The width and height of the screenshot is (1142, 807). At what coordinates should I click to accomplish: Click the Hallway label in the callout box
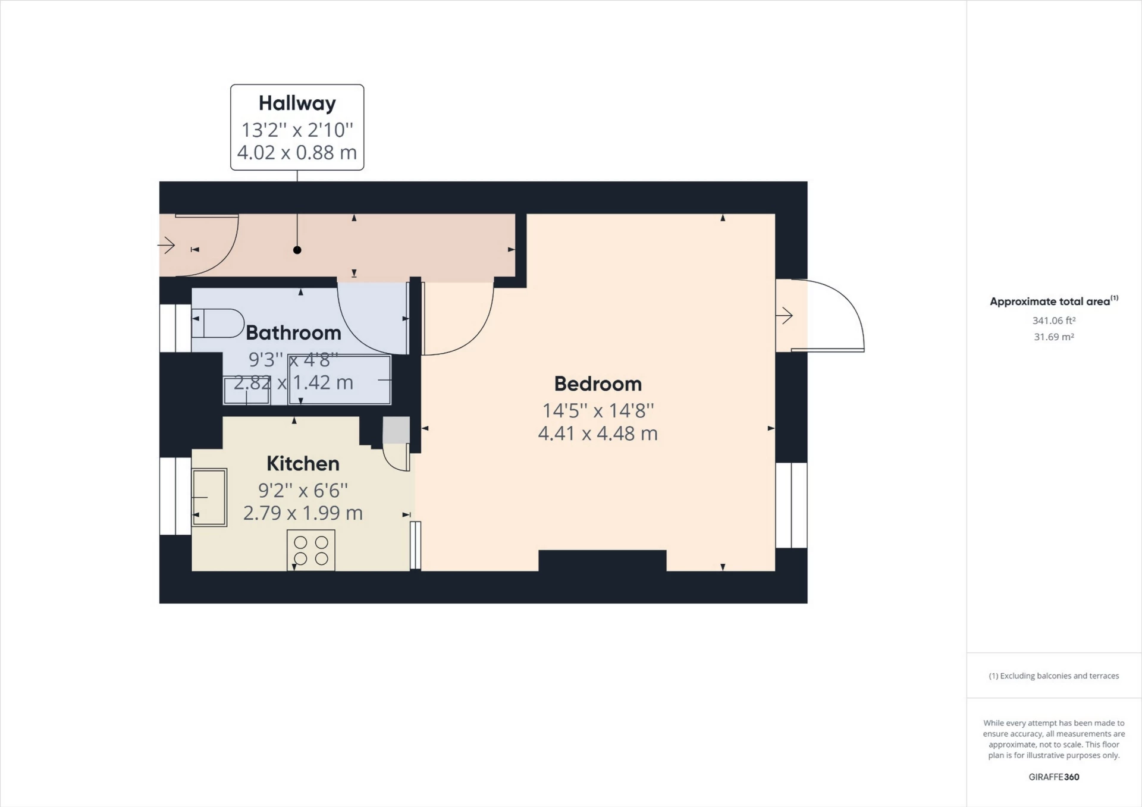297,103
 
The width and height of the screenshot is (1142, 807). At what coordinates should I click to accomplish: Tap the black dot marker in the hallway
297,250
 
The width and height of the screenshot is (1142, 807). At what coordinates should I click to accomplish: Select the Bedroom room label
598,384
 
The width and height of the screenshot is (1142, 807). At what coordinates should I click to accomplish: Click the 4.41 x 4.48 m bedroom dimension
598,434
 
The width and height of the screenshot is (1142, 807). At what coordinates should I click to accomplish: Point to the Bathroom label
293,333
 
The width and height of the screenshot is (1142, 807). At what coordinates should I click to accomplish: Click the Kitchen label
303,464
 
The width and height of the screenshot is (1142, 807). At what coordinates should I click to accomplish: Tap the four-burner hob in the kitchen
311,550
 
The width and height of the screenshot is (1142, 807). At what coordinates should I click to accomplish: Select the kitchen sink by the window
209,498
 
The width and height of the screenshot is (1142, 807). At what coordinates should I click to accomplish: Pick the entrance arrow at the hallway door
167,245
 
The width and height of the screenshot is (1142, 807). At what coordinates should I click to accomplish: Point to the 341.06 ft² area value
1053,321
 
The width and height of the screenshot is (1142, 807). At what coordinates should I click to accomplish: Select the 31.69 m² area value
1053,337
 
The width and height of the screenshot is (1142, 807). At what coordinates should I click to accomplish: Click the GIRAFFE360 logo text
1053,777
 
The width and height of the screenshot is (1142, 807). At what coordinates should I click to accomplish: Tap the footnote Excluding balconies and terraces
1053,676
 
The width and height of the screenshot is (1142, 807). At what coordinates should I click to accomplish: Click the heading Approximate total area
1050,302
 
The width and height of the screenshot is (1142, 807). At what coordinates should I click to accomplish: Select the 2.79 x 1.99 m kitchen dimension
303,513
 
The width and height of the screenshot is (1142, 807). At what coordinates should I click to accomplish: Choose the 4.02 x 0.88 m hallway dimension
297,153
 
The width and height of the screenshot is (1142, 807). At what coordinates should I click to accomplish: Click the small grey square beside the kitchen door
396,430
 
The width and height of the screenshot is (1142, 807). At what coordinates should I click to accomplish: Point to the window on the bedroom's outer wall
791,505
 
